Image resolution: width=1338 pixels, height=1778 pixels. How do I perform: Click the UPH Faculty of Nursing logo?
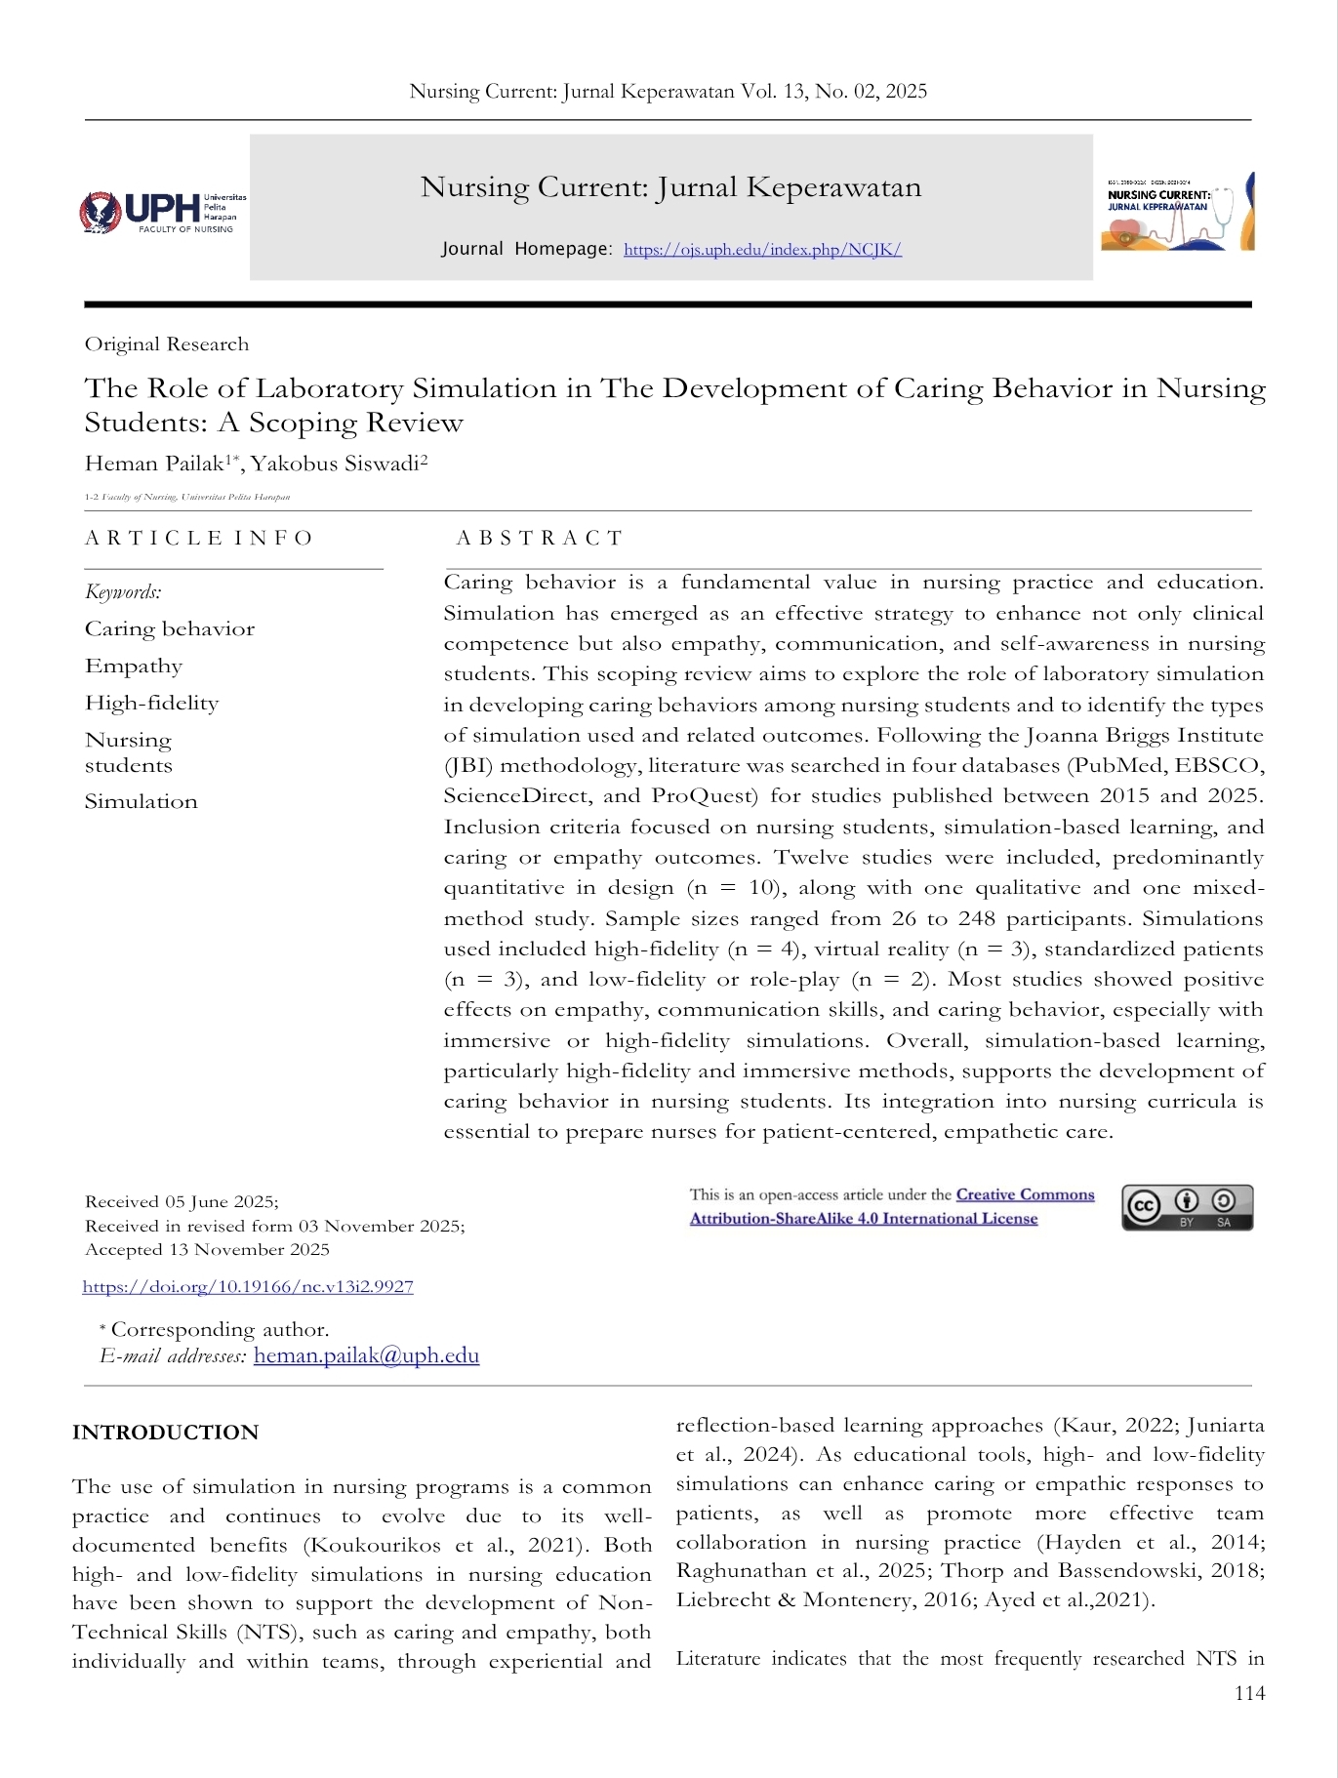[162, 212]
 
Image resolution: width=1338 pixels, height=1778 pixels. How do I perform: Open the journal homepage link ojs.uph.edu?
[762, 250]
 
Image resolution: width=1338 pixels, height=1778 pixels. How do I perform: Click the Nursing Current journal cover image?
[1178, 212]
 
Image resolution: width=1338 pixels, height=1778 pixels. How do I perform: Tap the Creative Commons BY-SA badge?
[1187, 1207]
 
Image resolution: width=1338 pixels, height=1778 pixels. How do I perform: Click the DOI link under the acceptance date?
[248, 1287]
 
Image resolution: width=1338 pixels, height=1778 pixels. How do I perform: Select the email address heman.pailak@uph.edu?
[366, 1355]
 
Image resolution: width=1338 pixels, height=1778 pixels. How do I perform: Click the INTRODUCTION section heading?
[165, 1433]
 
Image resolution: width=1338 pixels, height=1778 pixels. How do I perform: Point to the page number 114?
[1249, 1693]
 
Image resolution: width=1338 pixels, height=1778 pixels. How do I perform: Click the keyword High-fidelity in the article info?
[151, 704]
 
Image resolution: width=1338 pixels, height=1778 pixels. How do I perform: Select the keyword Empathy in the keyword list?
[134, 667]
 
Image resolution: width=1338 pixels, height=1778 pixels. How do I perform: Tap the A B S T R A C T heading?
[539, 539]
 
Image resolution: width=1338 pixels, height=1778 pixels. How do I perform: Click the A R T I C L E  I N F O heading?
[198, 539]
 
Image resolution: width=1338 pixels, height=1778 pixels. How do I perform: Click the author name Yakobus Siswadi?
[339, 464]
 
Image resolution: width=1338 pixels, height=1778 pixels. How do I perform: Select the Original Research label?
[167, 344]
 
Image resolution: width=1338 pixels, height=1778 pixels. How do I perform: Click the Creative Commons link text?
[1025, 1195]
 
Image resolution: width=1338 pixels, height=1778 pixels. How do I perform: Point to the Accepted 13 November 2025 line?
[207, 1250]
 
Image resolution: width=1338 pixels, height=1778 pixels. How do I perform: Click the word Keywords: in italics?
[123, 592]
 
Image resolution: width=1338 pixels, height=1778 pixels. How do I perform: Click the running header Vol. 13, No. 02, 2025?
[833, 92]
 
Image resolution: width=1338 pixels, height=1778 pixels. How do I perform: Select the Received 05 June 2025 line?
[182, 1202]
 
